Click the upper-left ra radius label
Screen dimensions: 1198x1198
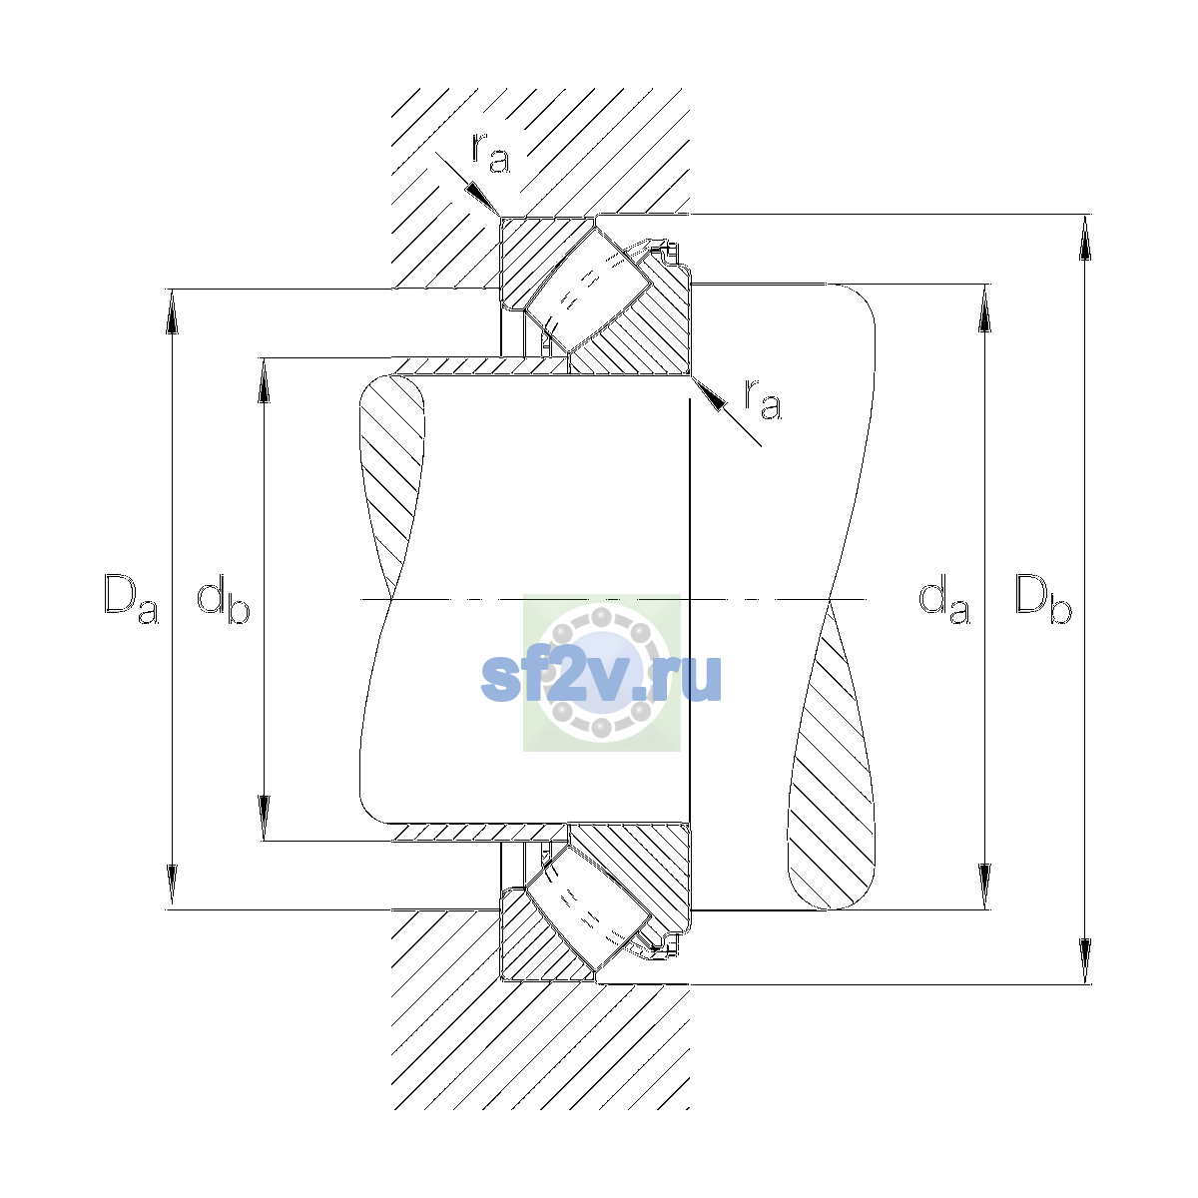[x=490, y=153]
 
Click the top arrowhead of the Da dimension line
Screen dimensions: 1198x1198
[x=172, y=311]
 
